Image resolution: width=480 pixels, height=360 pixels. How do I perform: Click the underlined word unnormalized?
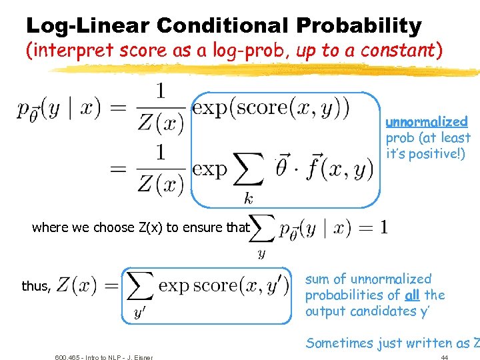pos(427,122)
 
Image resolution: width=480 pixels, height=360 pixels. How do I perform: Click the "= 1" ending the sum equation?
pos(373,227)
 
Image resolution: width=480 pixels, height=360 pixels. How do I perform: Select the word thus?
pos(36,286)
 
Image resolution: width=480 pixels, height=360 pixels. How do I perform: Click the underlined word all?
pos(411,295)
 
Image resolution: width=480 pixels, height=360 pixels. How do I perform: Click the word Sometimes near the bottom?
pos(341,343)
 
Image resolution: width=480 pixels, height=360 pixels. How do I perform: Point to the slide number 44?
pos(444,357)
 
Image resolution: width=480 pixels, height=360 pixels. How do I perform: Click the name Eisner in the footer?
pos(141,357)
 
